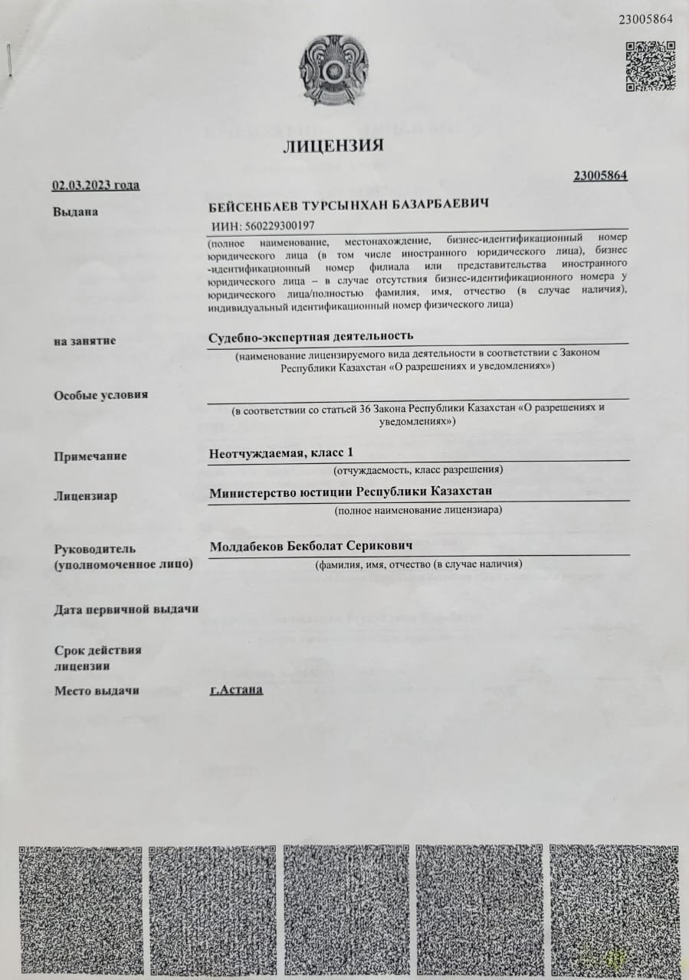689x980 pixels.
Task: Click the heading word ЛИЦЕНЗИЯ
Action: (333, 145)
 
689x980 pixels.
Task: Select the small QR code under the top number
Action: (650, 65)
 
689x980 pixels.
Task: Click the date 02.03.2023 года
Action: (96, 185)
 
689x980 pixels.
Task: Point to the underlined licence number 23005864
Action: (600, 175)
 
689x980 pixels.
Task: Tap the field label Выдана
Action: (76, 211)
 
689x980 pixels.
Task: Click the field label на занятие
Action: (84, 341)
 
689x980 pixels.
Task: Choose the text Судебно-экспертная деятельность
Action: (311, 336)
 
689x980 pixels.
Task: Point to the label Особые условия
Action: (100, 395)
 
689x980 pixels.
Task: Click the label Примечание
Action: (90, 456)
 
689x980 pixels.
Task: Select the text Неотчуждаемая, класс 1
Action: (281, 452)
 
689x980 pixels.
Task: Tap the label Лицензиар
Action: (86, 495)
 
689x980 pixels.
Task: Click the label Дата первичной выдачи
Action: (126, 609)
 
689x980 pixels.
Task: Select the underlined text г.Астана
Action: (236, 689)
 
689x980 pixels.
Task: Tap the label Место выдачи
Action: (97, 691)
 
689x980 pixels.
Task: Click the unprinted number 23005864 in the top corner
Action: (645, 19)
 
